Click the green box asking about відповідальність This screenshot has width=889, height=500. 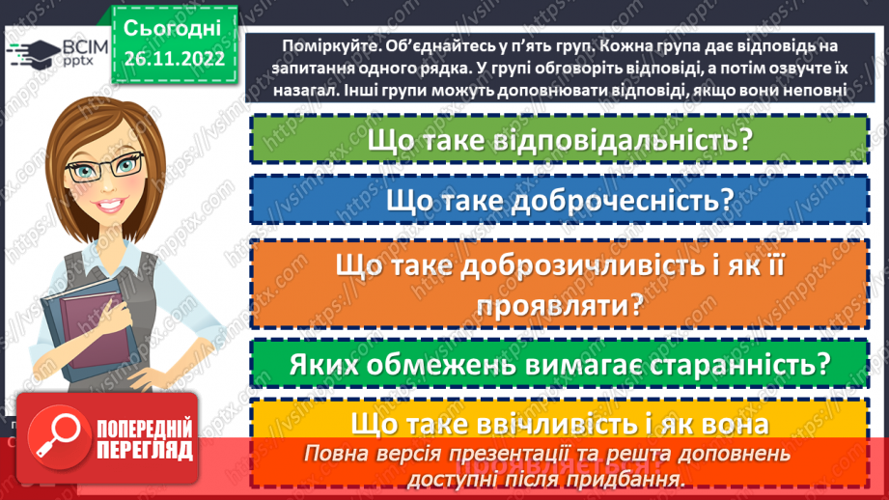[x=559, y=140]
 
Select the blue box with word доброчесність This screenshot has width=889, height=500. [x=559, y=200]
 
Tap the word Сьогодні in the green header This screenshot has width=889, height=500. [x=173, y=27]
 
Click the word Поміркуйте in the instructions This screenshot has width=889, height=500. [x=329, y=46]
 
